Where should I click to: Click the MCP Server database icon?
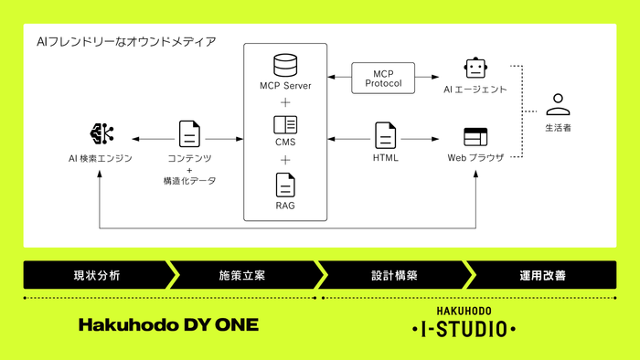click(285, 66)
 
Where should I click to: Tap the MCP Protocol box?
click(383, 78)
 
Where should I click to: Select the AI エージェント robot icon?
click(474, 69)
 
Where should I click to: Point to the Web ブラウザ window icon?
click(474, 137)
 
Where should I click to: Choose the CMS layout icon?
click(285, 125)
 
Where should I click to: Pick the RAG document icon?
click(285, 185)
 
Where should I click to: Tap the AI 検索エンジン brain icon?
click(101, 135)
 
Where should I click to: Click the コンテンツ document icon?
click(189, 134)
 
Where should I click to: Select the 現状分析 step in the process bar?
click(96, 274)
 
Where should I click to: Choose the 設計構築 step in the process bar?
click(394, 274)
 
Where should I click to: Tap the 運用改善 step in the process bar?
click(542, 274)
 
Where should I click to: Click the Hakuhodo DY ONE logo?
click(168, 324)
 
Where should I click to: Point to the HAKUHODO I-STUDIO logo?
click(464, 322)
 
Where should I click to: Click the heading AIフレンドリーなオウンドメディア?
click(126, 42)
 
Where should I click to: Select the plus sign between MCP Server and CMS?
click(285, 102)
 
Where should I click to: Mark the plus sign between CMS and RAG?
click(285, 160)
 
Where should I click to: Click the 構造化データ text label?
click(189, 181)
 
